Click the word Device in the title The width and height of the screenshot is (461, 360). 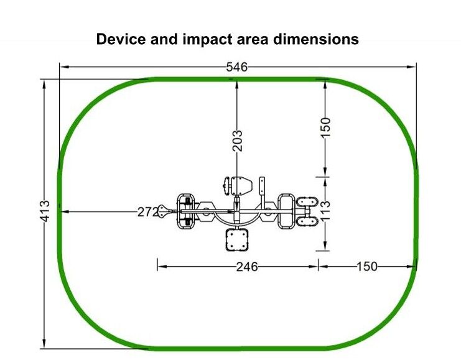click(x=121, y=39)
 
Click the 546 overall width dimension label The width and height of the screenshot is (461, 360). click(x=236, y=67)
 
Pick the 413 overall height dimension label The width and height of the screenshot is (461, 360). click(x=45, y=211)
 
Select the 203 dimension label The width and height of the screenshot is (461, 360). click(x=238, y=141)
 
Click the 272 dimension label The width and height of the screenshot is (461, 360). click(x=148, y=211)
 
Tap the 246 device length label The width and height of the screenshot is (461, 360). click(x=247, y=267)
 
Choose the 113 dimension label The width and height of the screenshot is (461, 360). click(x=325, y=211)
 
